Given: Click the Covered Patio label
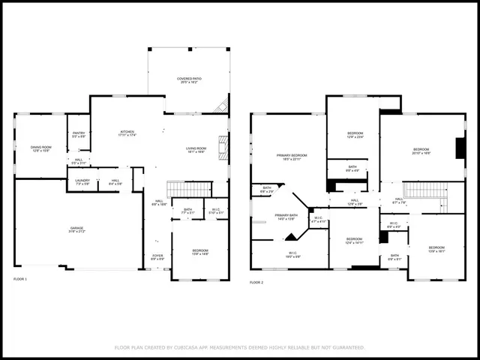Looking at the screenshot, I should [x=188, y=79].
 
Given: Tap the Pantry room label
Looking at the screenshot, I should [x=79, y=134].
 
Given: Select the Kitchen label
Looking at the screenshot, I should [x=127, y=133].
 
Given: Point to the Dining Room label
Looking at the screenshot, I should [x=40, y=148].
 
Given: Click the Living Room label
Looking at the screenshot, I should [x=196, y=149].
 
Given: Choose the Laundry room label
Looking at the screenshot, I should [x=82, y=181].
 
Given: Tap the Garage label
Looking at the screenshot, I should [x=76, y=228].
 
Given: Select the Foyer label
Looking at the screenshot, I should [x=157, y=256].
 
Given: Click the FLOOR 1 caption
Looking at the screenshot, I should [x=20, y=279].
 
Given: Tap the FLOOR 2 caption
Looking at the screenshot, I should [x=256, y=283].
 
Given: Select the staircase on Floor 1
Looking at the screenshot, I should [x=189, y=189].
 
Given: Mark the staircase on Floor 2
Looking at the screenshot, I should [x=424, y=189].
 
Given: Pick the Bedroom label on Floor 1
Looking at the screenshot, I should [x=199, y=251].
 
